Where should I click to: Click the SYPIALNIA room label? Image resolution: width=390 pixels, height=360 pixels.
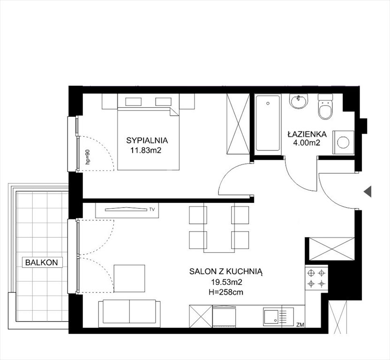tap(147, 140)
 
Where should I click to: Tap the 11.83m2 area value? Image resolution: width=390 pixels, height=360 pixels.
tap(146, 150)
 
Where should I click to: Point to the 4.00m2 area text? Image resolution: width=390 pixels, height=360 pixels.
tap(307, 143)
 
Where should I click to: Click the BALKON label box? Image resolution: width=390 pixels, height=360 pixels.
tap(42, 262)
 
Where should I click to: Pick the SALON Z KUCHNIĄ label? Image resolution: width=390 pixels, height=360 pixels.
tap(226, 271)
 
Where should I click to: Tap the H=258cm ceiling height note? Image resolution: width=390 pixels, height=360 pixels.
tap(226, 292)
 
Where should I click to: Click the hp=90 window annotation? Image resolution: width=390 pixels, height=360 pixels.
tap(87, 157)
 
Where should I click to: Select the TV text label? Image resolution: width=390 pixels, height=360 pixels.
tap(152, 210)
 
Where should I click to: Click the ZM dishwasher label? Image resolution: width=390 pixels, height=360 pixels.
tap(300, 324)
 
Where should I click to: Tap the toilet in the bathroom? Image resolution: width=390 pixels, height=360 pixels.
tap(325, 106)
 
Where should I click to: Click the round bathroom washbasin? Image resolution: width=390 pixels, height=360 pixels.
tap(299, 101)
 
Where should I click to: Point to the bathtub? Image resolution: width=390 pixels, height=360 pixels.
tap(268, 123)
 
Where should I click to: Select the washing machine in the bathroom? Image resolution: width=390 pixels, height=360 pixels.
tap(343, 142)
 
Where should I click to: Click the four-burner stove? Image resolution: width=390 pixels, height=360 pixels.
tap(316, 278)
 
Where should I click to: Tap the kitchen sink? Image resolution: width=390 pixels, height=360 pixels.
tap(278, 317)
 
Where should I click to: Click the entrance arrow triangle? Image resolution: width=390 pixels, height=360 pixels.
tap(367, 191)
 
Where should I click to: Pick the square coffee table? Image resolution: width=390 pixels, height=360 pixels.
tap(129, 278)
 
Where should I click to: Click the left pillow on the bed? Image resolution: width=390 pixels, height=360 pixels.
tap(133, 102)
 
